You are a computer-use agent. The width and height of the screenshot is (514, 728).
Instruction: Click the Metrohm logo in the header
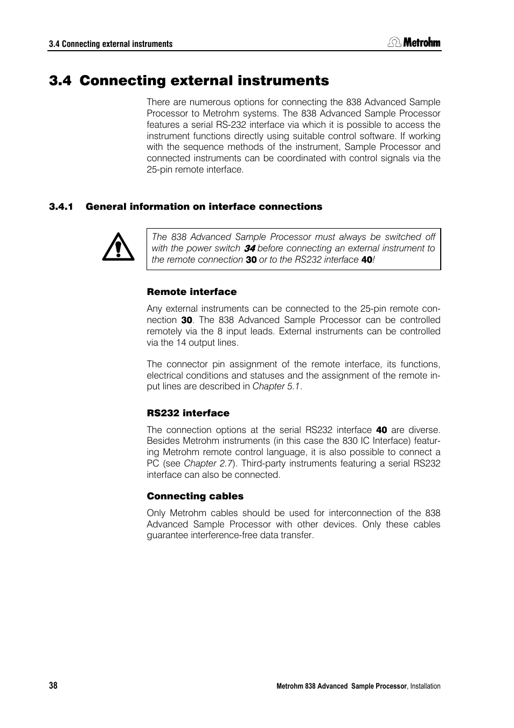pyautogui.click(x=414, y=42)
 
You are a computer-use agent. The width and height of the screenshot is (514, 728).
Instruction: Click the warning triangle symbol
pyautogui.click(x=119, y=248)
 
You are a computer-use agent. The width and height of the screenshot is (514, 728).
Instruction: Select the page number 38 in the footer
pyautogui.click(x=53, y=685)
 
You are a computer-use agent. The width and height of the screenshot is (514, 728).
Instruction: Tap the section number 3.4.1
pyautogui.click(x=61, y=207)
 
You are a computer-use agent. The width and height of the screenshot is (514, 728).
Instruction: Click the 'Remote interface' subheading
pyautogui.click(x=192, y=292)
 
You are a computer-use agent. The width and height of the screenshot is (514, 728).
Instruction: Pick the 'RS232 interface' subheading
pyautogui.click(x=188, y=413)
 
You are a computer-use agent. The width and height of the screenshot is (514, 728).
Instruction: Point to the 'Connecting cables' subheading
pyautogui.click(x=195, y=496)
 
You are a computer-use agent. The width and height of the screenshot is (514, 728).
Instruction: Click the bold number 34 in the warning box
pyautogui.click(x=249, y=249)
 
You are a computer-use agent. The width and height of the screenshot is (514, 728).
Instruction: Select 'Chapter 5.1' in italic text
pyautogui.click(x=276, y=387)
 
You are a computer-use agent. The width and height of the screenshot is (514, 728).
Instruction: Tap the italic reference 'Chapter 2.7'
pyautogui.click(x=208, y=464)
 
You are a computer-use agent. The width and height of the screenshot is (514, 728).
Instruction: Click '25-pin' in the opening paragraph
pyautogui.click(x=159, y=170)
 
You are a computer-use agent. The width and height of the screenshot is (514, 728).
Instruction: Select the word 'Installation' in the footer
pyautogui.click(x=425, y=686)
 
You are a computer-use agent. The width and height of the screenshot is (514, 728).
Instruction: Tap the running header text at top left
pyautogui.click(x=110, y=44)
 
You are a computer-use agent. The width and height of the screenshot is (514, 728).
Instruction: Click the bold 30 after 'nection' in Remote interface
pyautogui.click(x=186, y=320)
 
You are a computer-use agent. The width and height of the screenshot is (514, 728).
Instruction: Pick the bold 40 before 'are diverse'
pyautogui.click(x=381, y=430)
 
